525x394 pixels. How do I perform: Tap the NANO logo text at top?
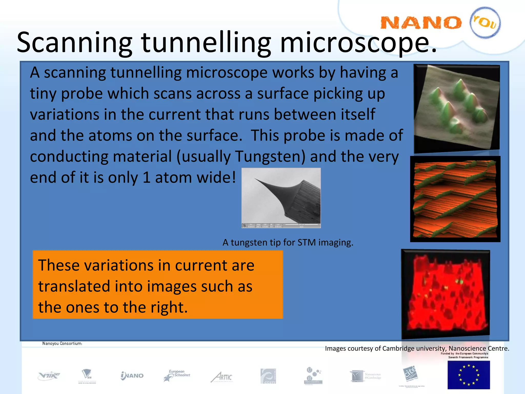tap(420, 23)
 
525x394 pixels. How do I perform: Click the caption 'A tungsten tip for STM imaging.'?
tap(288, 242)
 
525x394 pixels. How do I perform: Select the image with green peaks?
tap(456, 108)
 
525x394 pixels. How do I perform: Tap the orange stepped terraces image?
tap(455, 199)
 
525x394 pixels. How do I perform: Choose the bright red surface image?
tap(446, 294)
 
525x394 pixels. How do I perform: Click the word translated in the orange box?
tap(75, 287)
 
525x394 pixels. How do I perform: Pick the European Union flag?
tap(469, 375)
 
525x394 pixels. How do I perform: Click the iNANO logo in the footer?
tap(132, 376)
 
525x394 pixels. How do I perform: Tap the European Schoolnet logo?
tap(177, 376)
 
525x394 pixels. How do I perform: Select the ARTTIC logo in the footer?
tap(222, 377)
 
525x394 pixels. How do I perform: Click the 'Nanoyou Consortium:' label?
tap(62, 343)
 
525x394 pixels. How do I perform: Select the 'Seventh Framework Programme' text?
tap(468, 357)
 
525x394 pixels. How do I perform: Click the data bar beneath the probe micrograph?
tap(281, 225)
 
